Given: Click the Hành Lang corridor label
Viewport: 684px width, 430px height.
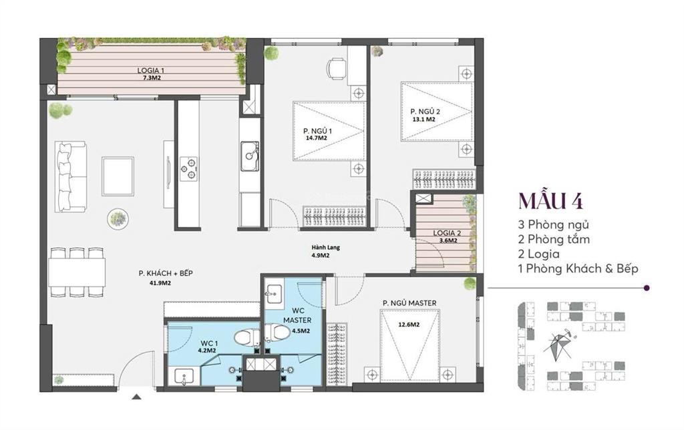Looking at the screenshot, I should (x=326, y=248).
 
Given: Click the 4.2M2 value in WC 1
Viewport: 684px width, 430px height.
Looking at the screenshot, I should (x=205, y=349).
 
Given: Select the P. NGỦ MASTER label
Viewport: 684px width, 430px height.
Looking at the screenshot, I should (x=409, y=303).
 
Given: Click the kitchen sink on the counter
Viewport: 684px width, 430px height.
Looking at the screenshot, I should (x=250, y=156).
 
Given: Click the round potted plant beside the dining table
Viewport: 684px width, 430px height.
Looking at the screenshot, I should (x=118, y=218).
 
